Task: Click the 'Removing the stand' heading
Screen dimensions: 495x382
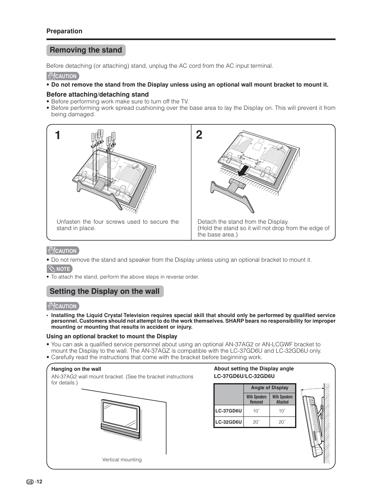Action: tap(86, 50)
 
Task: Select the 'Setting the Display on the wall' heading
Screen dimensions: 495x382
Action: tap(105, 291)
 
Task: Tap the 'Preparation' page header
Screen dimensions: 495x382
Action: tap(64, 31)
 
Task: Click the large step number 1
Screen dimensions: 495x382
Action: tap(58, 135)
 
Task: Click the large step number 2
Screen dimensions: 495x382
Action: tap(199, 135)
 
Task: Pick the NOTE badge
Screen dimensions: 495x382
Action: tap(59, 269)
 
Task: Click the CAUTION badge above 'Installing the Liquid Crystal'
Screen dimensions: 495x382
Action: tap(62, 306)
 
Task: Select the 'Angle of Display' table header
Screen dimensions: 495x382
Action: tap(269, 388)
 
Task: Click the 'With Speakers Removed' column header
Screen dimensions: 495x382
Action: tap(256, 399)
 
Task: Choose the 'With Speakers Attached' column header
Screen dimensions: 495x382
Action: tap(282, 399)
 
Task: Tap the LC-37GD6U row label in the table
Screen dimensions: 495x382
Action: tap(229, 411)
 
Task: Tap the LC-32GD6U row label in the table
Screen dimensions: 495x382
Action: tap(229, 422)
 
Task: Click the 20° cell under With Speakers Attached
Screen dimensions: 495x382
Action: tap(282, 422)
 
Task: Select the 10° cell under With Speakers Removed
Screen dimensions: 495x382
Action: tap(256, 411)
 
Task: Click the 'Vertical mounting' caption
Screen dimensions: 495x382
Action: tap(122, 460)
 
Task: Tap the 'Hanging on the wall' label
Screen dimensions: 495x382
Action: tap(76, 369)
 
